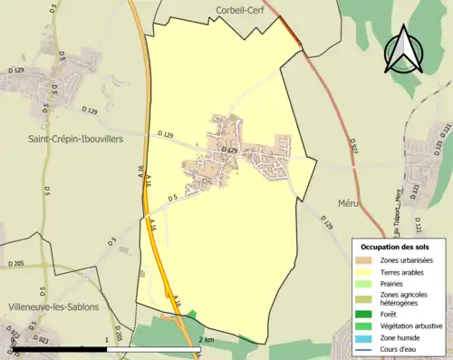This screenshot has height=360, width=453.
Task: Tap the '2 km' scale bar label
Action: (x=207, y=339)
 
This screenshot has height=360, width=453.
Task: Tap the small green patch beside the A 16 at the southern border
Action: (x=191, y=314)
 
